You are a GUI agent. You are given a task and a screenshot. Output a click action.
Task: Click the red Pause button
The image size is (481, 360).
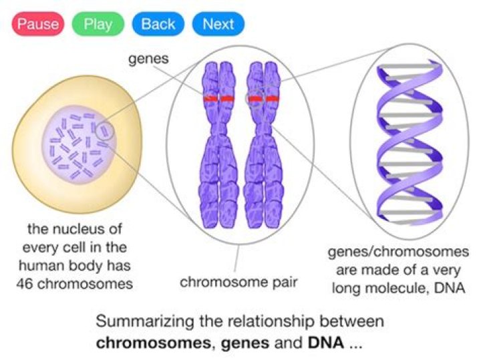37,25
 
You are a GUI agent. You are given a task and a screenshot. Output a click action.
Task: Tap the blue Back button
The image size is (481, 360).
158,25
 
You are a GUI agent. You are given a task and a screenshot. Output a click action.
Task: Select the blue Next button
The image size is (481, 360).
218,25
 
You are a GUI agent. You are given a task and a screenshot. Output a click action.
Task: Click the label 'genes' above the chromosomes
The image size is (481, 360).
148,59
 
